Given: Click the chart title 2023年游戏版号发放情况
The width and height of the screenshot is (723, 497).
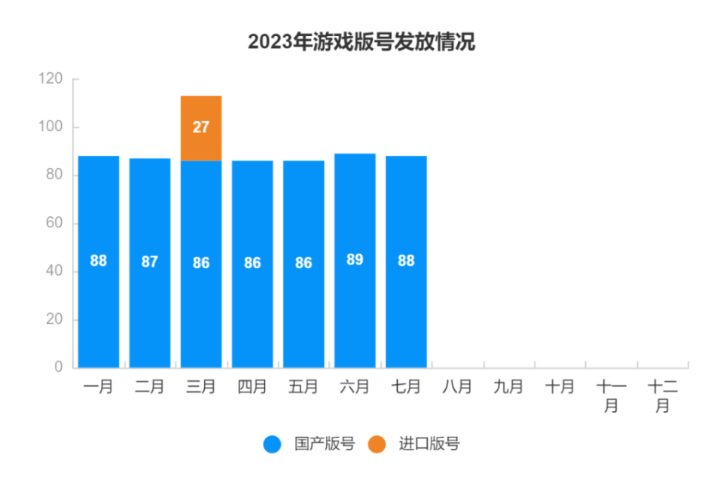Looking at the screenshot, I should (361, 41).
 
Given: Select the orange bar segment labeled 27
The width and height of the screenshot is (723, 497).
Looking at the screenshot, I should (201, 128).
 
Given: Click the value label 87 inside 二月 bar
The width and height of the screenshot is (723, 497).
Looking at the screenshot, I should (150, 262).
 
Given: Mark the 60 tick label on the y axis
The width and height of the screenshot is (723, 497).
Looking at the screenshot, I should (53, 224).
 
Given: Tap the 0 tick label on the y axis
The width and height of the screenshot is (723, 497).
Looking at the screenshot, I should (58, 367).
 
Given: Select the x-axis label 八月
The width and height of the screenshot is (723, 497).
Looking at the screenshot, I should (457, 387).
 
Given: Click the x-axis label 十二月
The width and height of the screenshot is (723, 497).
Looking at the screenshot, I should (663, 395).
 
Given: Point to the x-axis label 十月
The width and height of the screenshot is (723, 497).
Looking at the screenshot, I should (560, 387).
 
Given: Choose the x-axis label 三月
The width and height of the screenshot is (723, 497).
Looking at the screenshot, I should (201, 387).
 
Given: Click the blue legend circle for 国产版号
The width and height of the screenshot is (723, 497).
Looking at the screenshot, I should (272, 444).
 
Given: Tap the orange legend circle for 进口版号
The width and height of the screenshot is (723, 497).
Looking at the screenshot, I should (377, 444).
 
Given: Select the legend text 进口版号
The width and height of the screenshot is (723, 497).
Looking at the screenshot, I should (429, 444).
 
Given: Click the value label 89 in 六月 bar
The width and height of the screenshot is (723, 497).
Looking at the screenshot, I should (355, 260).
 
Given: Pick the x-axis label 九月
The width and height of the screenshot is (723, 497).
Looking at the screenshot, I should (508, 387).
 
